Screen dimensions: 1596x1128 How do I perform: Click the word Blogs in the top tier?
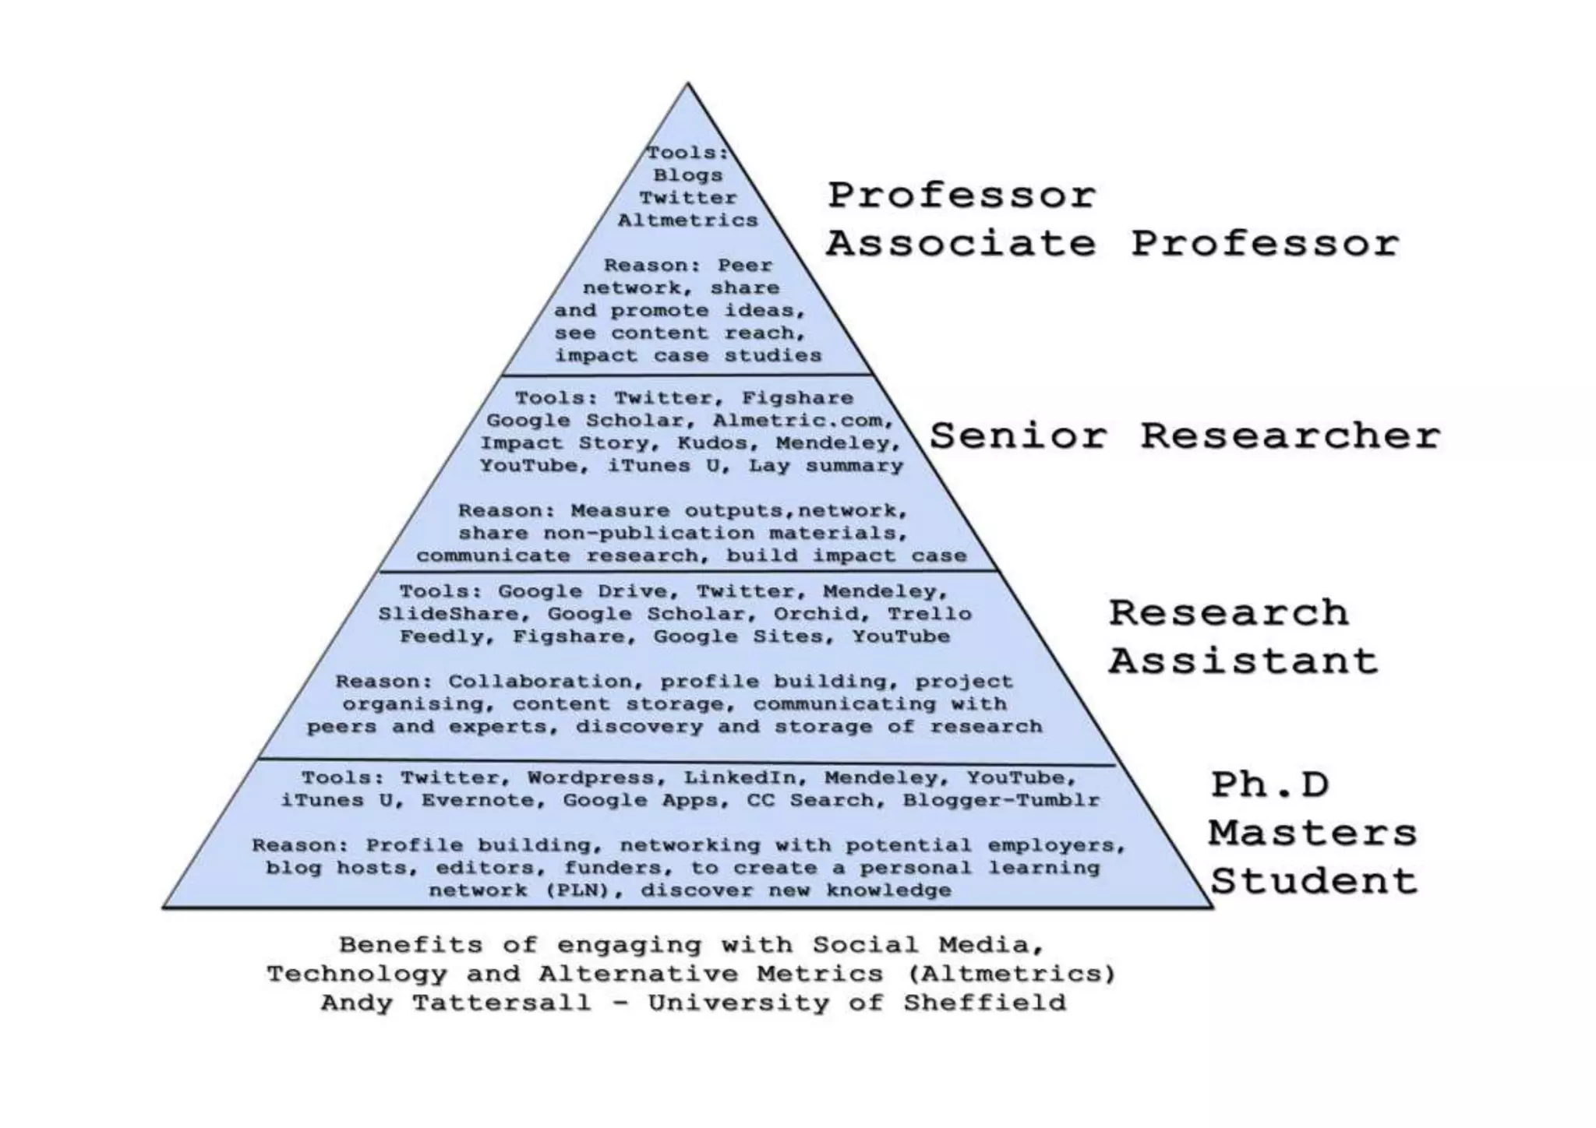point(687,175)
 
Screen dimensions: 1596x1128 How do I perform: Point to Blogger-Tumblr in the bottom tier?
point(1001,800)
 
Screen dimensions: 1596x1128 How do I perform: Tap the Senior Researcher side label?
point(1184,435)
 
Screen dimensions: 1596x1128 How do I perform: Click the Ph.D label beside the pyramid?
point(1269,785)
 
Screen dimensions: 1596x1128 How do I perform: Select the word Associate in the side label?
point(961,244)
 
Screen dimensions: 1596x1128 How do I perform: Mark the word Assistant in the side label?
point(1243,661)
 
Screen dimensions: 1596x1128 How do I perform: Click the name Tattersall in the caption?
point(501,1002)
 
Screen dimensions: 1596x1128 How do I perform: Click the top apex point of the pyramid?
point(687,84)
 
